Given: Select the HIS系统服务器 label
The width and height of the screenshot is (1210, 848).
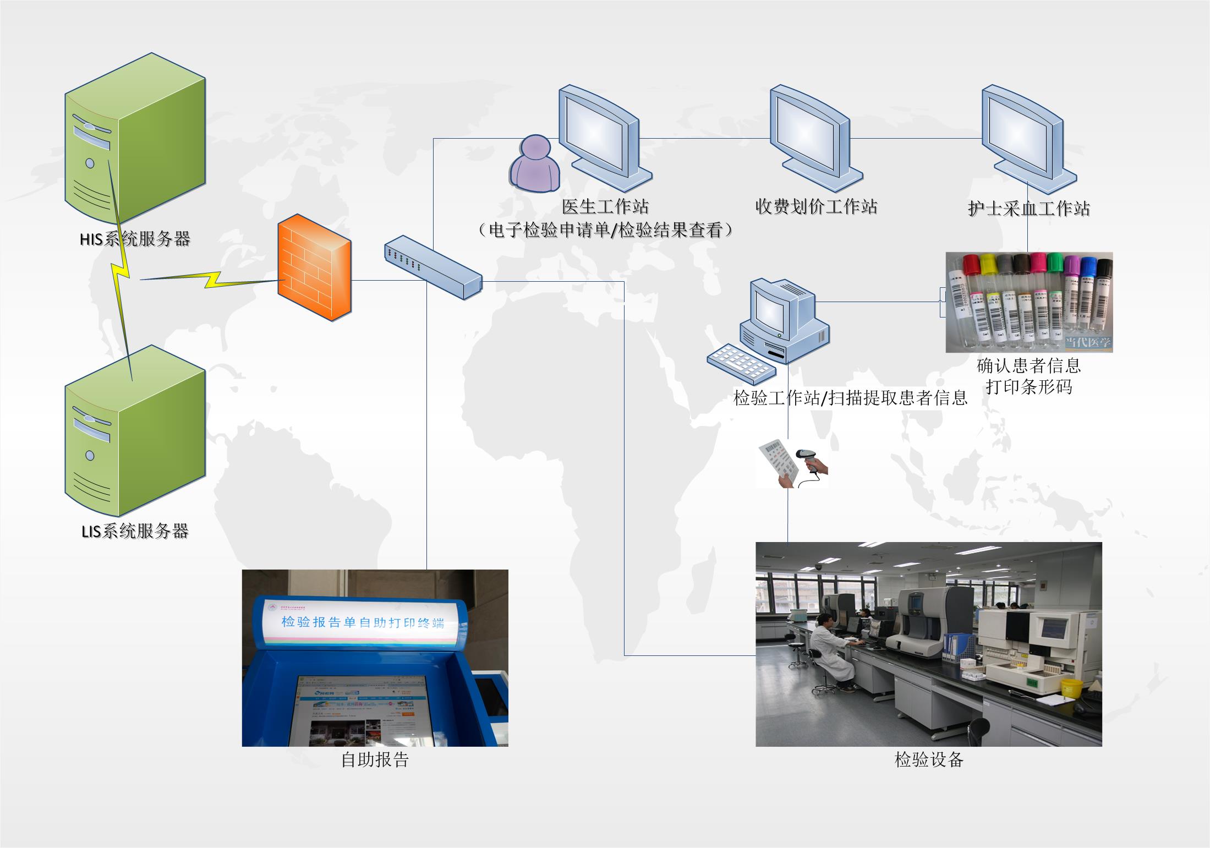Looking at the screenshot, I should pyautogui.click(x=135, y=239).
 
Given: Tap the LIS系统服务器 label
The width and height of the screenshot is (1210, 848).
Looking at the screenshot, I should pyautogui.click(x=135, y=532).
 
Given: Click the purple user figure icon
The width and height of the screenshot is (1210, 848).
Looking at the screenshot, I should pyautogui.click(x=534, y=165).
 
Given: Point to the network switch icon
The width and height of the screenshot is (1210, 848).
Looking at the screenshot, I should pyautogui.click(x=432, y=266).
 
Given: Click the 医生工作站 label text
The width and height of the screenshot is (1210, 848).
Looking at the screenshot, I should pyautogui.click(x=605, y=207).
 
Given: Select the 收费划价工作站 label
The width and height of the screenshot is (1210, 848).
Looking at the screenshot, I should pyautogui.click(x=816, y=207).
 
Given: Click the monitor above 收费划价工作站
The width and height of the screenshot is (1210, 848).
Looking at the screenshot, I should pyautogui.click(x=809, y=135).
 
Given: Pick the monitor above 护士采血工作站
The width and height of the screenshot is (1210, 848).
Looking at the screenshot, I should pyautogui.click(x=1022, y=135).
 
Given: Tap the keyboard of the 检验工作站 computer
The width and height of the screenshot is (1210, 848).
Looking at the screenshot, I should pyautogui.click(x=741, y=363).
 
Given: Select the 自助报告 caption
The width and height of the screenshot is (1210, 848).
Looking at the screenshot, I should pyautogui.click(x=375, y=760).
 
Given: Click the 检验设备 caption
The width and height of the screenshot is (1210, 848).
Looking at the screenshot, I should pyautogui.click(x=929, y=760).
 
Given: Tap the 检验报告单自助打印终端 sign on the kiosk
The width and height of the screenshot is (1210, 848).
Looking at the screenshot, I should pyautogui.click(x=363, y=622).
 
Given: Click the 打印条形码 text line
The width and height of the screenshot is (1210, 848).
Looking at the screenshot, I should pyautogui.click(x=1028, y=387).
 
